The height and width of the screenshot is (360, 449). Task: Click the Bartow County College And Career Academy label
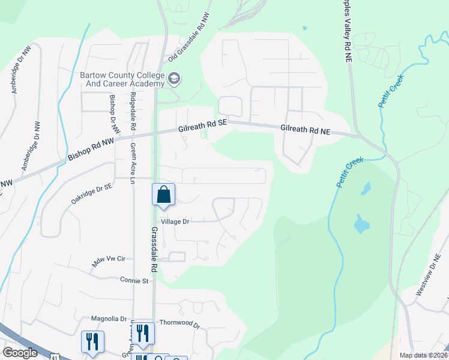(122, 79)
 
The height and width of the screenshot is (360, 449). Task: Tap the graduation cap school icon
(175, 78)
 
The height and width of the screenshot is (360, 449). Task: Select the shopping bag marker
(163, 195)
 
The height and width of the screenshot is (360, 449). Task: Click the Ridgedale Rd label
(133, 112)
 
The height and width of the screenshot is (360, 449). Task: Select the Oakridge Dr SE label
(92, 194)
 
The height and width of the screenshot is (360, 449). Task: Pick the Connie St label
(134, 280)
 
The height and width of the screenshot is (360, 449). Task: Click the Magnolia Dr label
(109, 319)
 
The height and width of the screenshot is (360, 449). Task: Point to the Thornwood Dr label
(179, 323)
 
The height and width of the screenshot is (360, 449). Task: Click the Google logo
(20, 353)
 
